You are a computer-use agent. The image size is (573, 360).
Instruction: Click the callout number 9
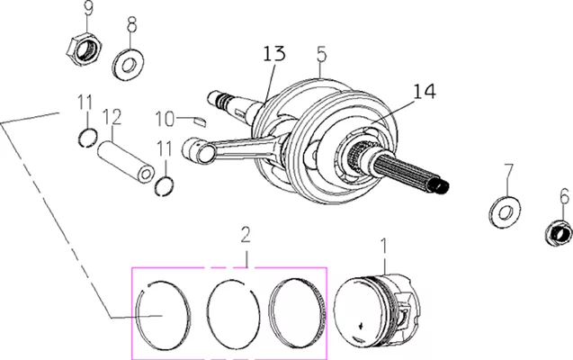pos(88,8)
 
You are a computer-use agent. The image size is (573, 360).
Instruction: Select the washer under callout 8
pos(128,64)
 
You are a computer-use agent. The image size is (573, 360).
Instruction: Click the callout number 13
pos(274,54)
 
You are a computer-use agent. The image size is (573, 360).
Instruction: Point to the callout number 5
pos(321,54)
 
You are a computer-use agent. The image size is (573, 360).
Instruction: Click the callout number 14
pos(425,92)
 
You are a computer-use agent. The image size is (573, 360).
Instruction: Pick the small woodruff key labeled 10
pos(201,121)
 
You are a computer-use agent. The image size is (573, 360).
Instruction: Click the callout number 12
pos(112,117)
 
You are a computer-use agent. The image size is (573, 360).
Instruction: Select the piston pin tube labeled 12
pos(126,161)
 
